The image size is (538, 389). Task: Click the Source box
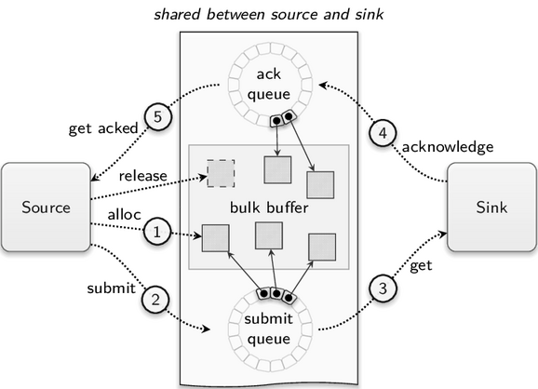point(46,208)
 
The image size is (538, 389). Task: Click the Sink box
point(491,208)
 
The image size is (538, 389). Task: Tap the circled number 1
point(156,233)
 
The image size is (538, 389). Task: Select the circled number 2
point(155,300)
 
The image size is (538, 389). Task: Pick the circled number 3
point(383,288)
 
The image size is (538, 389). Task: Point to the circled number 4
point(383,133)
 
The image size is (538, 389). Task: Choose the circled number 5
point(157,116)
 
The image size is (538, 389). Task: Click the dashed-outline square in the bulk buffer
point(221,173)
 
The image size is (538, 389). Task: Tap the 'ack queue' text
point(269,85)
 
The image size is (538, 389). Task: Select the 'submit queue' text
point(269,329)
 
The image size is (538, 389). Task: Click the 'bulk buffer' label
point(269,208)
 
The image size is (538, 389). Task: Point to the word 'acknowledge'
point(448,147)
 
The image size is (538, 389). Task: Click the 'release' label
point(143,176)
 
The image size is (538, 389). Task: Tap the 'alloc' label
point(124,214)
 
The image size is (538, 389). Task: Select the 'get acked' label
point(103,128)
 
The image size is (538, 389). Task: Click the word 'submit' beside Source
point(112,288)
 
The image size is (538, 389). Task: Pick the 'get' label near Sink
point(421,266)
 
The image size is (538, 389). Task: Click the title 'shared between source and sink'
point(269,14)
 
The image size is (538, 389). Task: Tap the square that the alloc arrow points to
point(215,238)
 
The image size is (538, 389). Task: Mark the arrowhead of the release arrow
point(204,177)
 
